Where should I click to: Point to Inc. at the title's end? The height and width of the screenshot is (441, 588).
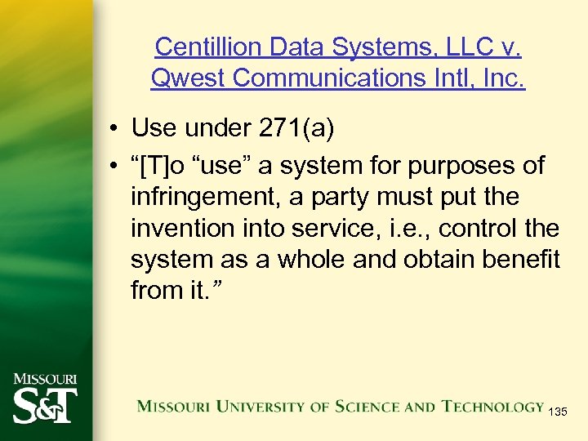point(502,79)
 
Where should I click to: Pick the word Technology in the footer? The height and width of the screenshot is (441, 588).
point(492,406)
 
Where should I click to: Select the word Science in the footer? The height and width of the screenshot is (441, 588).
point(347,406)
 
